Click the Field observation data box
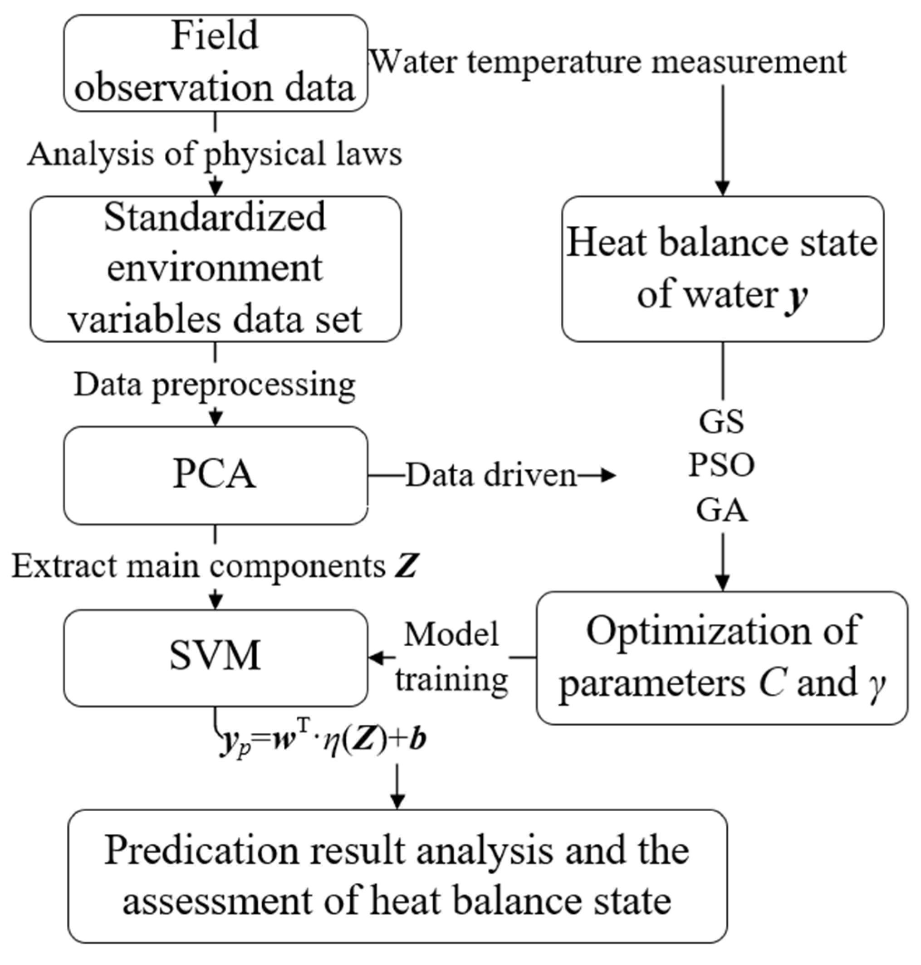coord(216,63)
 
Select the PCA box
coord(216,475)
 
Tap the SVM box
coord(216,658)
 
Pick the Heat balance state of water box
coord(722,268)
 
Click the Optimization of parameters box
coord(722,658)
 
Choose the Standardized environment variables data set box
coord(216,268)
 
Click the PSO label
coord(722,465)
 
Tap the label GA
coord(722,510)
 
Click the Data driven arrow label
coord(491,475)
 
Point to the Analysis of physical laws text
coord(215,154)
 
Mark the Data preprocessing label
coord(215,385)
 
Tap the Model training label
coord(452,658)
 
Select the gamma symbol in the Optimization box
coord(877,684)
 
